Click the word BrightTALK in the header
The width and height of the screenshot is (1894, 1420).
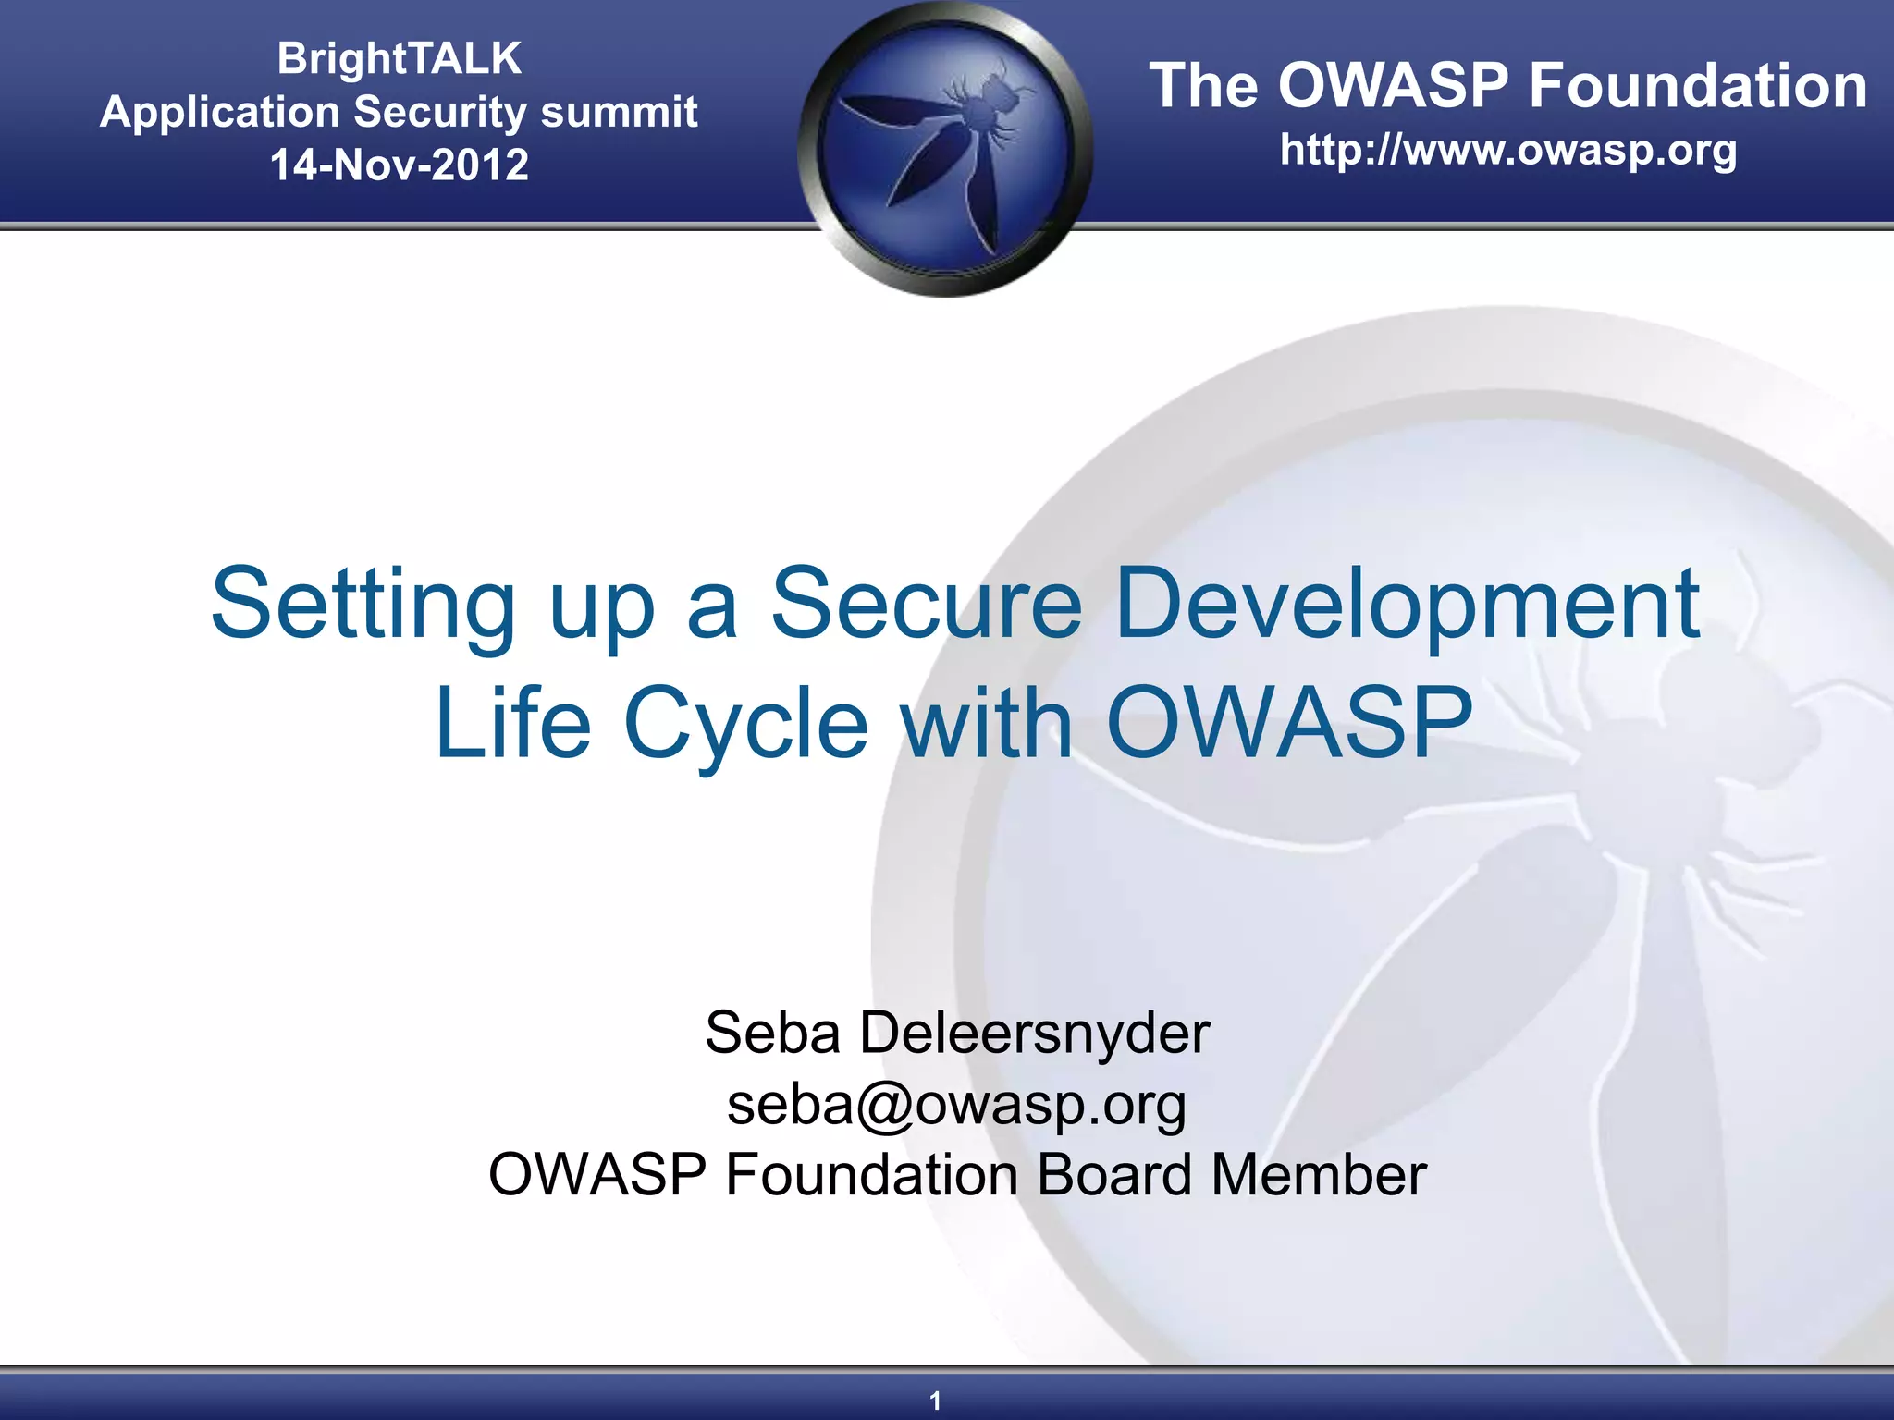(x=399, y=58)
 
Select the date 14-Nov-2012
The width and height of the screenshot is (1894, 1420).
(x=399, y=165)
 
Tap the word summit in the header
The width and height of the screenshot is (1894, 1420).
(x=618, y=112)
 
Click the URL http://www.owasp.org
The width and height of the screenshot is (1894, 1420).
(x=1507, y=150)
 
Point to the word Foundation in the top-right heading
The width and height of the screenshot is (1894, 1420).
(x=1697, y=86)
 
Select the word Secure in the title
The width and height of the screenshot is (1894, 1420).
(x=926, y=606)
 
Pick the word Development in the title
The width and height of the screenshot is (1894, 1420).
(x=1407, y=606)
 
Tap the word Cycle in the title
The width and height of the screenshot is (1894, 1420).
(x=745, y=724)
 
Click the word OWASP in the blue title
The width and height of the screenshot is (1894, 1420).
(x=1289, y=724)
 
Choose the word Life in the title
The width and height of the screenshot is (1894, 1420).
(x=512, y=724)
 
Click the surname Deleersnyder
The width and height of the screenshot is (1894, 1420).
(x=1034, y=1033)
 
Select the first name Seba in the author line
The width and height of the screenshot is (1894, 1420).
(x=772, y=1033)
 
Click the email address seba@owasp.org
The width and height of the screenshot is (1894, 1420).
(x=956, y=1104)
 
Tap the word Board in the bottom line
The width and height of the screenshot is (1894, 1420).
(x=1113, y=1175)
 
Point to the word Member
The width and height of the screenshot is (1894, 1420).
(x=1319, y=1175)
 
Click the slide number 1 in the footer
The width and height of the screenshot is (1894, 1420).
(x=935, y=1401)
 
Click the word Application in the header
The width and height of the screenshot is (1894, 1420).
(x=220, y=112)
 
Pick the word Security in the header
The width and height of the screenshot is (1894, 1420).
(x=440, y=112)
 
